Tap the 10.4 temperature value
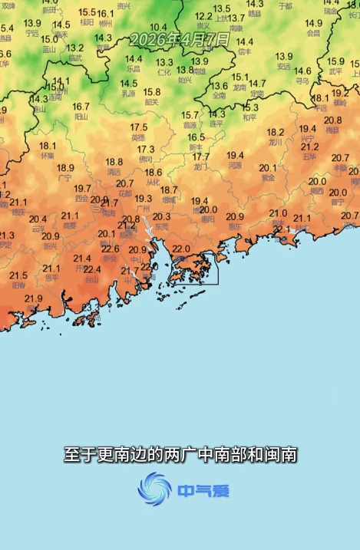pos(158,28)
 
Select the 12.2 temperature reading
pos(203,16)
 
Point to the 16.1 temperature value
pos(105,14)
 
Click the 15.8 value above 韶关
pos(152,92)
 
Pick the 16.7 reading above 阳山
pos(81,107)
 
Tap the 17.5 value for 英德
pos(138,127)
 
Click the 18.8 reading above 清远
pos(114,162)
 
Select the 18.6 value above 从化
pos(154,173)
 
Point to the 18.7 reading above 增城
pos(169,189)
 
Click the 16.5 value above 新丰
pos(197,137)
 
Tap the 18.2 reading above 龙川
pos(276,132)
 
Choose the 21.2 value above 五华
pos(310,147)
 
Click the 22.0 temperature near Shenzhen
pos(181,249)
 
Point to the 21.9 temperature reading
pos(33,298)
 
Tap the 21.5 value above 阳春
pos(18,275)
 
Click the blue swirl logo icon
pos(155,489)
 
